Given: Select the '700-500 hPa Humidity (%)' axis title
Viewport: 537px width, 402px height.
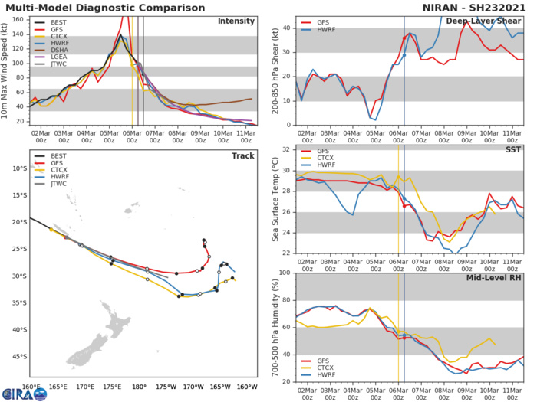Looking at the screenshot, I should pos(275,328).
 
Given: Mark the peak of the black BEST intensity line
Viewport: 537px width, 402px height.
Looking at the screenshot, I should pos(120,34).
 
